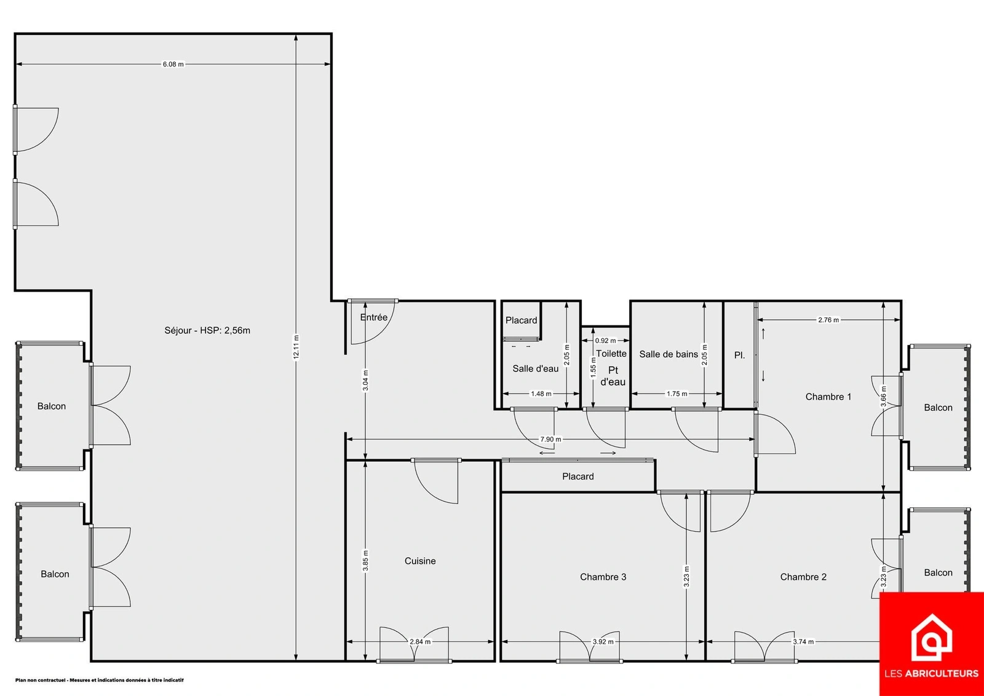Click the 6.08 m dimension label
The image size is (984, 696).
173,64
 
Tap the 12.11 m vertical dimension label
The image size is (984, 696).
296,347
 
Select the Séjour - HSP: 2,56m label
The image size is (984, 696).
207,330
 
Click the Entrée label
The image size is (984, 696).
374,317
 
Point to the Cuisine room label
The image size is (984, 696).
420,561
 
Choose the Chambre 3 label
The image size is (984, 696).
603,577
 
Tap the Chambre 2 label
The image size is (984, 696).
803,577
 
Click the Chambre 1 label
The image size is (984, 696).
828,397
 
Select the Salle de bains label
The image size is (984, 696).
669,354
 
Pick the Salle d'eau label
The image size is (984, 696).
536,368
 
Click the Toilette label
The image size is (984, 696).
611,353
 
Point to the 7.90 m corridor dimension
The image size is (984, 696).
550,439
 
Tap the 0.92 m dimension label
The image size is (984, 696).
605,341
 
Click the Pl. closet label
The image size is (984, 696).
740,355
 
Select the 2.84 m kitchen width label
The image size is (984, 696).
420,641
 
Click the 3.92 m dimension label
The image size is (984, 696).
603,641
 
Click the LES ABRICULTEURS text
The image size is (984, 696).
931,674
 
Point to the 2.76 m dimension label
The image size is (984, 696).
828,320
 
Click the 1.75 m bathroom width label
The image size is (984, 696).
677,394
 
